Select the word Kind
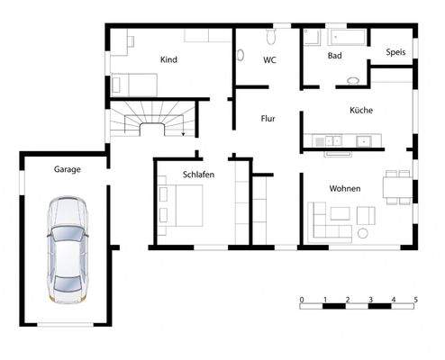point(168,59)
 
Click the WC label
point(269,60)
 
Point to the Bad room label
point(334,56)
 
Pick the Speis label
point(395,52)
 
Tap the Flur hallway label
point(268,118)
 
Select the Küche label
point(361,110)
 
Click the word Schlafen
point(197,175)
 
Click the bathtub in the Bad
point(348,38)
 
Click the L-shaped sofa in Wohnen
point(330,221)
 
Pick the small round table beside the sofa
point(362,234)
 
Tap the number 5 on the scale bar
point(415,299)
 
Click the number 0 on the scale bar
point(302,299)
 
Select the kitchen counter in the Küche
point(347,140)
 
